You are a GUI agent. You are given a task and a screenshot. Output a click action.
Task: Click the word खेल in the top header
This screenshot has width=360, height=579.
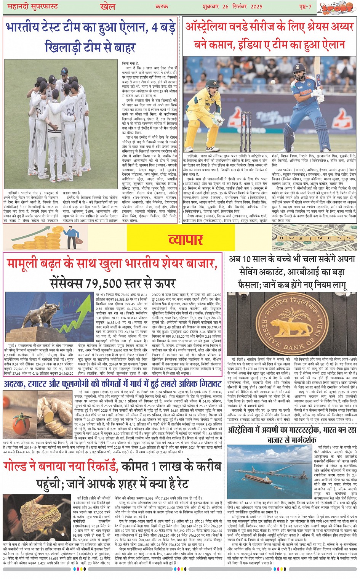(x=107, y=6)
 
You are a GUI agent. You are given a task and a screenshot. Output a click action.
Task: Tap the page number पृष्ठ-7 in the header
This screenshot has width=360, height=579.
(x=304, y=6)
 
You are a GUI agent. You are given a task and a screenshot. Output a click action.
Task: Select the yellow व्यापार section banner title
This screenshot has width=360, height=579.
(x=185, y=239)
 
